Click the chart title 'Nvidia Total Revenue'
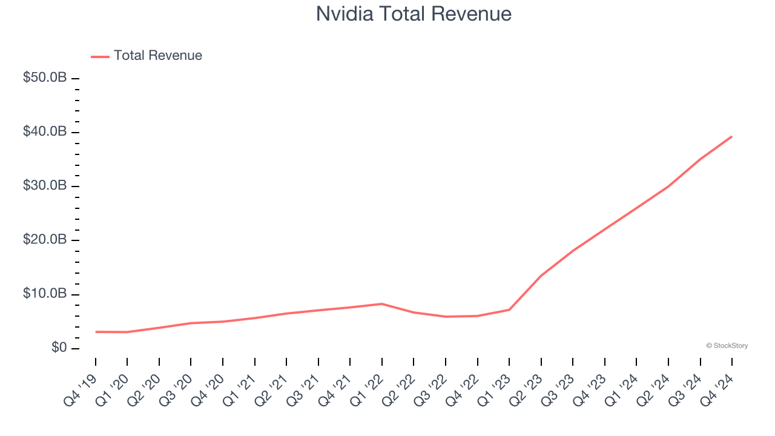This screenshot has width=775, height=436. pyautogui.click(x=414, y=14)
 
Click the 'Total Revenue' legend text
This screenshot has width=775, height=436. pyautogui.click(x=157, y=56)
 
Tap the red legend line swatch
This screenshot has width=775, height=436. pyautogui.click(x=100, y=56)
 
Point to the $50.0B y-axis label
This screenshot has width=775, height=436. pyautogui.click(x=45, y=78)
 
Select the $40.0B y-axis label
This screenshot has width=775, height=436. pyautogui.click(x=45, y=132)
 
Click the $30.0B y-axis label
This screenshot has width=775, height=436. pyautogui.click(x=45, y=186)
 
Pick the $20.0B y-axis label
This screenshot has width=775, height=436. pyautogui.click(x=45, y=240)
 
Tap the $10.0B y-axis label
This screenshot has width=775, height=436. pyautogui.click(x=45, y=294)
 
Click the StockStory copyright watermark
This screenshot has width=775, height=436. pyautogui.click(x=727, y=346)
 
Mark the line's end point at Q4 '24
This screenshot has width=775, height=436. pyautogui.click(x=731, y=136)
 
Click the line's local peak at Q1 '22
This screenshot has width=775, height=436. pyautogui.click(x=381, y=303)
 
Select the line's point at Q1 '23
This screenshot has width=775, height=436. pyautogui.click(x=509, y=309)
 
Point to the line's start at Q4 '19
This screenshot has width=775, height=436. pyautogui.click(x=96, y=332)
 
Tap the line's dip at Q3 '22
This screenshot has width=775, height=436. pyautogui.click(x=446, y=317)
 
